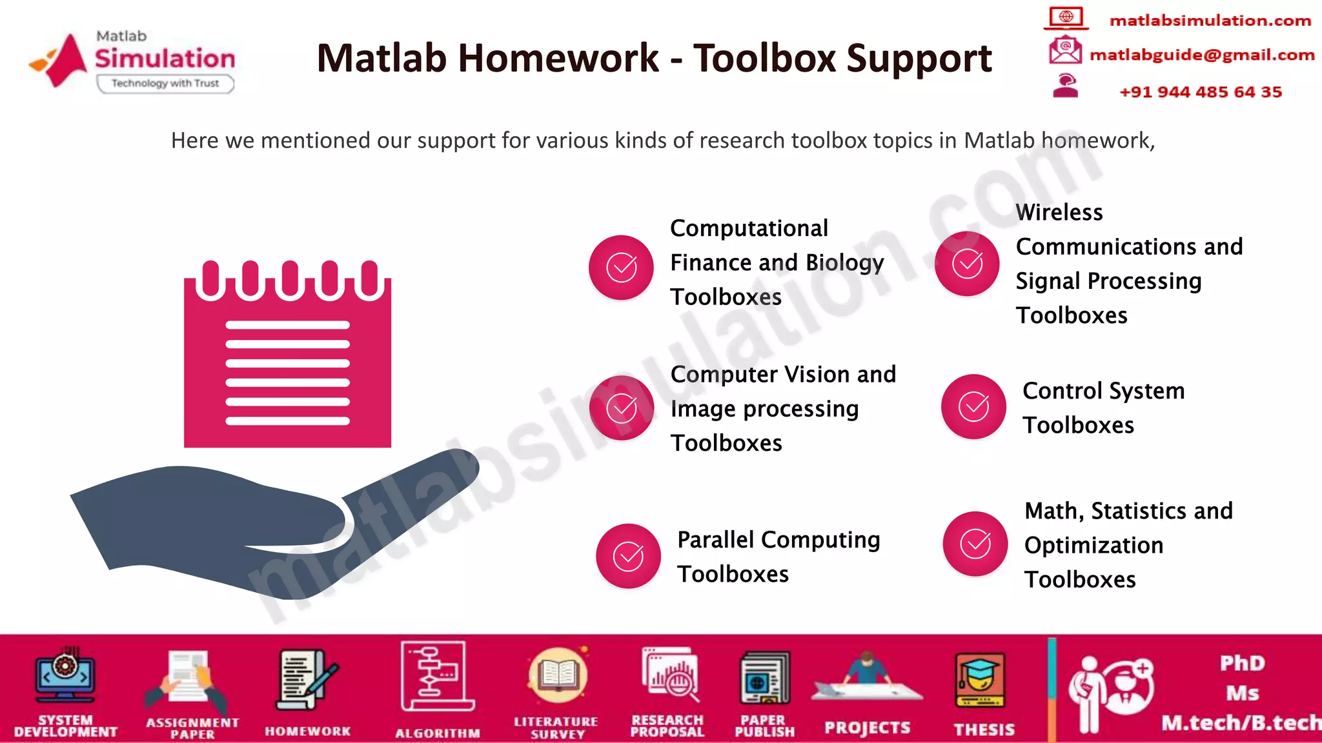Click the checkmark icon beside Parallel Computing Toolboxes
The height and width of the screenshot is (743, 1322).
tap(628, 556)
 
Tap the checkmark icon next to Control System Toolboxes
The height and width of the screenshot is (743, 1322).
tap(973, 406)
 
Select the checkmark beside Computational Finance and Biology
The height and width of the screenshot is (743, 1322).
tap(621, 267)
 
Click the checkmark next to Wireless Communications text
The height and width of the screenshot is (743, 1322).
tap(967, 263)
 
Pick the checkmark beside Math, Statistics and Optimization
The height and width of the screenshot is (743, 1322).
tap(975, 544)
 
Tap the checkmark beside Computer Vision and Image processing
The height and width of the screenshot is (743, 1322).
tap(621, 408)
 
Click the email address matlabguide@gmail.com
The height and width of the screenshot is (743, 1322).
tap(1202, 55)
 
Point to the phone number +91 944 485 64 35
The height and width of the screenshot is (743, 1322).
tap(1201, 92)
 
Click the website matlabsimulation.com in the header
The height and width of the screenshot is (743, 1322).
tap(1210, 21)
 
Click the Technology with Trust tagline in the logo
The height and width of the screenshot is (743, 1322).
tap(165, 83)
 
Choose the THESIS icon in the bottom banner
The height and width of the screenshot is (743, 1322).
tap(981, 680)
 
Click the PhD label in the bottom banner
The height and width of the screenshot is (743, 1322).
tap(1242, 663)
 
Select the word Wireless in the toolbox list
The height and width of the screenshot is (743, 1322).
tap(1059, 212)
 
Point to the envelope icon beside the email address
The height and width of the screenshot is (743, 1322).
tap(1065, 50)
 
